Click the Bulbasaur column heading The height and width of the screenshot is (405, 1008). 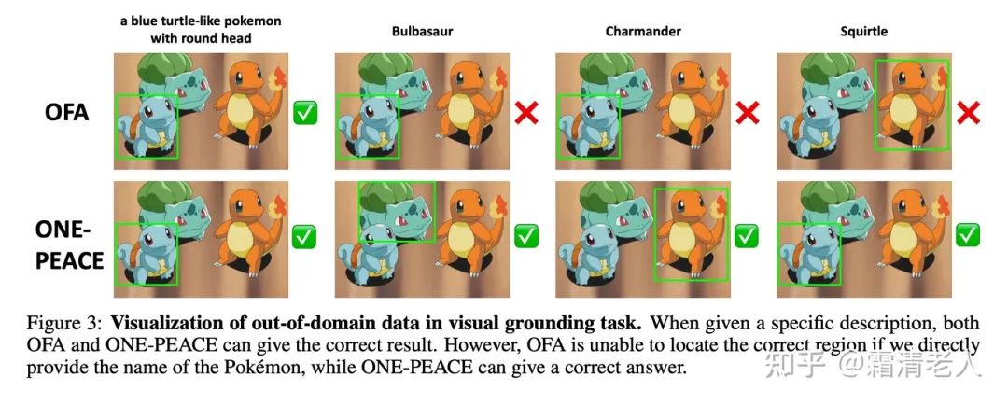423,31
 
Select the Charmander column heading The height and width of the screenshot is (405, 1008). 643,31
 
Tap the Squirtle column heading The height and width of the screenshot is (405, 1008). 863,31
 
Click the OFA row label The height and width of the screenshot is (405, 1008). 66,113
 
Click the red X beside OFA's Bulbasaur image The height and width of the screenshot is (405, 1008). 525,113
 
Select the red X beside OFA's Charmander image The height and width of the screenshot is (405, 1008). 747,113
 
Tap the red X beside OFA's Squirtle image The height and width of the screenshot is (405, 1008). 968,113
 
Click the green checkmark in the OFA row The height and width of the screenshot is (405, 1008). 304,113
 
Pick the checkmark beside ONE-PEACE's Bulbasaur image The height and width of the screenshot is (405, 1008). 525,236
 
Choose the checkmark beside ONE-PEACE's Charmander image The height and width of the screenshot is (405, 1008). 747,236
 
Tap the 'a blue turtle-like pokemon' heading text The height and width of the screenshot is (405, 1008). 201,21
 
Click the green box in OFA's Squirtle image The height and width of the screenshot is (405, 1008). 875,105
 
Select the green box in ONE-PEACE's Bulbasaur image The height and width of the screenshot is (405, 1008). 358,211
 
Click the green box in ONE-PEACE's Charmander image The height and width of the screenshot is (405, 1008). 654,234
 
